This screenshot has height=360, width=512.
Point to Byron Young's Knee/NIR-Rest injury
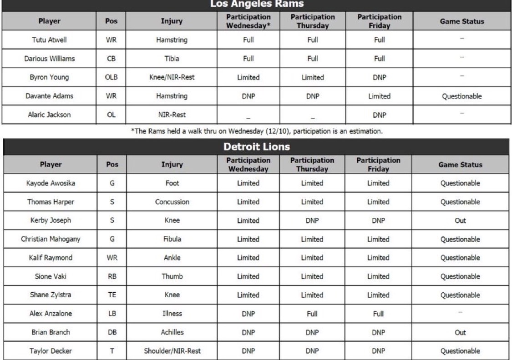[x=172, y=77]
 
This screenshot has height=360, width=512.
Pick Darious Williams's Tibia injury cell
[x=172, y=59]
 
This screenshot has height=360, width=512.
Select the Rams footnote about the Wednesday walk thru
[x=256, y=131]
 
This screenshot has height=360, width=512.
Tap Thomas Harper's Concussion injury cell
[x=172, y=202]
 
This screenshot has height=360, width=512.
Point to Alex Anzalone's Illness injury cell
[x=172, y=314]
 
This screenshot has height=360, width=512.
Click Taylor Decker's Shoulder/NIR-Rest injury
[x=172, y=351]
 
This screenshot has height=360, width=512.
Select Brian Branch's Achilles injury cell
[x=172, y=332]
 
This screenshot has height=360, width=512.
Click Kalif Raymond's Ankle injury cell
[x=172, y=258]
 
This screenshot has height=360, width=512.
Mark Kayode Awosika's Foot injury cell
[x=172, y=183]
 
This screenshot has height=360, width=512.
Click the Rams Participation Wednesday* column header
[x=248, y=21]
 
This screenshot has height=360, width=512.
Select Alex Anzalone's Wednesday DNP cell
[x=248, y=314]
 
